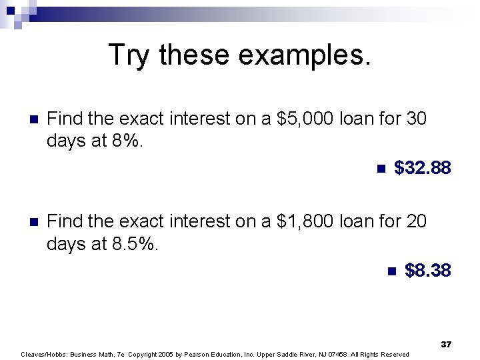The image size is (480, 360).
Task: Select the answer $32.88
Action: click(x=423, y=167)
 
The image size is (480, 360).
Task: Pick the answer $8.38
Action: click(x=428, y=271)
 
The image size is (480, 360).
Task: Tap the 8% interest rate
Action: click(x=124, y=141)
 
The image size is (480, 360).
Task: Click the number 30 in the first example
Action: click(x=416, y=119)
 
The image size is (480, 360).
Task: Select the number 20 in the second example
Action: click(x=416, y=221)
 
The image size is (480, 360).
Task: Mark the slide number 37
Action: click(x=446, y=344)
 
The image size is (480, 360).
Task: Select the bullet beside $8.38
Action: click(x=391, y=271)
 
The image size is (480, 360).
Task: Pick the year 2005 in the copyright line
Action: click(x=167, y=354)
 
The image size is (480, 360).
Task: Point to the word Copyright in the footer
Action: click(x=143, y=354)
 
